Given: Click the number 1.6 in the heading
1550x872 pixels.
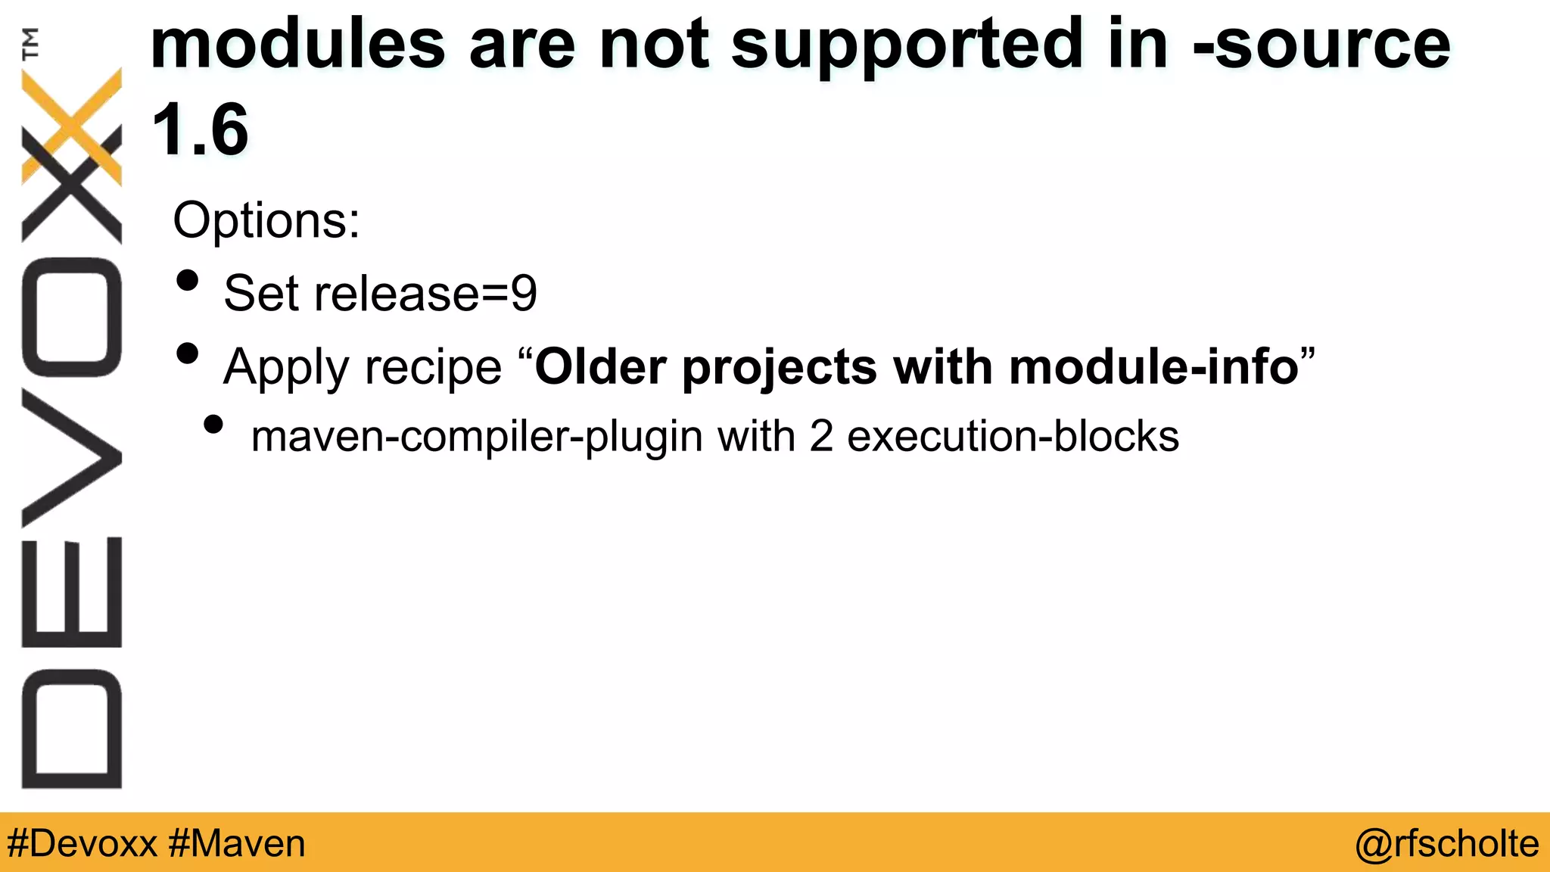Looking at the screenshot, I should click(200, 130).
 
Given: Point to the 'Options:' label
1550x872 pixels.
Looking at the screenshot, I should click(266, 220).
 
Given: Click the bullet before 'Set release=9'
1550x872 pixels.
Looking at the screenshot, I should click(187, 281).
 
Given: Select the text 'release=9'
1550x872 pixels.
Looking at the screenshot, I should click(425, 294).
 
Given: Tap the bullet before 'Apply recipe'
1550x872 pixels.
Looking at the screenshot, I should click(187, 353).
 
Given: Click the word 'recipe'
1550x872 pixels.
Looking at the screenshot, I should click(433, 368).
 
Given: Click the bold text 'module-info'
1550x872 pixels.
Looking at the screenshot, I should click(1154, 366).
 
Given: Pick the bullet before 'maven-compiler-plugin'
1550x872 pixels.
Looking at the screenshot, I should click(213, 425).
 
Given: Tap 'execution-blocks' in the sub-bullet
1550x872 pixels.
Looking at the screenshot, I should click(1013, 437).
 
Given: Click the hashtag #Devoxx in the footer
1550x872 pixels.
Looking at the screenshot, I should click(82, 843).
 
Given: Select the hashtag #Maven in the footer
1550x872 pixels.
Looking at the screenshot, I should click(237, 843).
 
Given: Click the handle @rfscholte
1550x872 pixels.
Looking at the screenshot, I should click(1446, 843).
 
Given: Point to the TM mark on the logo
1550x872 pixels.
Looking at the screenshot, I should click(30, 43).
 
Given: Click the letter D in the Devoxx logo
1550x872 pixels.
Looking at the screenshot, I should click(72, 729).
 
